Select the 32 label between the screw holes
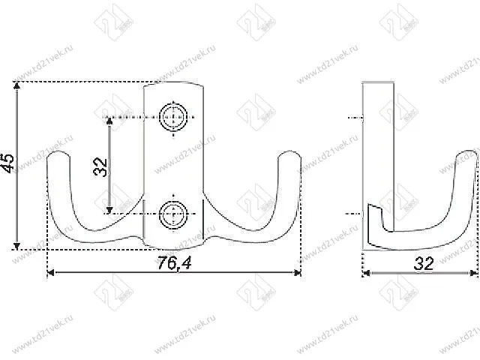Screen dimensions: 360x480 tap(99, 166)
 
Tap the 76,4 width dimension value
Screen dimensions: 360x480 tap(175, 262)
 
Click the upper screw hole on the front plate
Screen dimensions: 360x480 tap(173, 118)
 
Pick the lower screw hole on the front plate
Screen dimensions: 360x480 tap(173, 214)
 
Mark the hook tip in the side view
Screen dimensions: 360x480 tap(468, 154)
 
